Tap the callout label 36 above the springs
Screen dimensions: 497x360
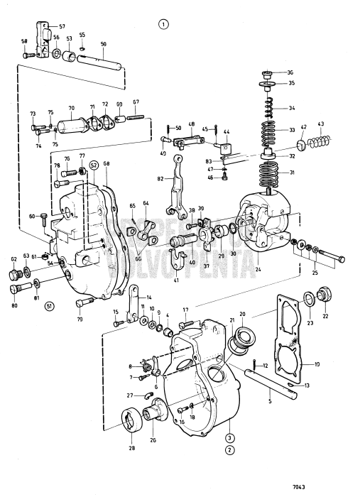coord(290,72)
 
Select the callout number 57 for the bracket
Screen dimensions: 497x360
coord(62,26)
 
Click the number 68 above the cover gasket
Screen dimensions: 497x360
coord(107,164)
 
